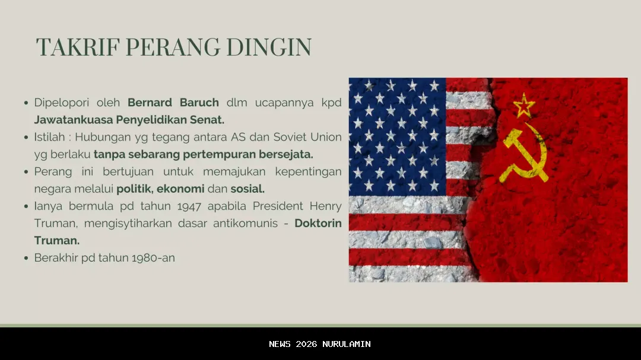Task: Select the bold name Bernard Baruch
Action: point(173,103)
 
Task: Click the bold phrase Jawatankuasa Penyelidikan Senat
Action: point(129,120)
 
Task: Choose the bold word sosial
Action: point(247,189)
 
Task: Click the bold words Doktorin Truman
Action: point(318,224)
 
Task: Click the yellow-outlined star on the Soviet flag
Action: point(524,106)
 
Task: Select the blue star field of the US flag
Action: point(397,136)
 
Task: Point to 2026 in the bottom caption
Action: point(306,345)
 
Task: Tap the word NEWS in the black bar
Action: point(280,345)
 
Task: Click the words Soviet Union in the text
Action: point(307,137)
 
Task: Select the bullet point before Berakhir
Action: point(26,259)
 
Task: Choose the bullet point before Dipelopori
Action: point(26,103)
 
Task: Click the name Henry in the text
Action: point(325,206)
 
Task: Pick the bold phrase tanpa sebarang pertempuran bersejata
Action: point(203,154)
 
